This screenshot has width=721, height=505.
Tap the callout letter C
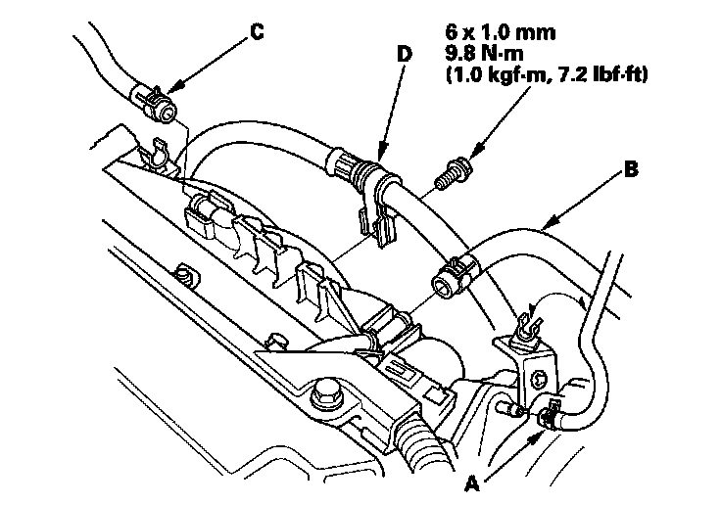[257, 31]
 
